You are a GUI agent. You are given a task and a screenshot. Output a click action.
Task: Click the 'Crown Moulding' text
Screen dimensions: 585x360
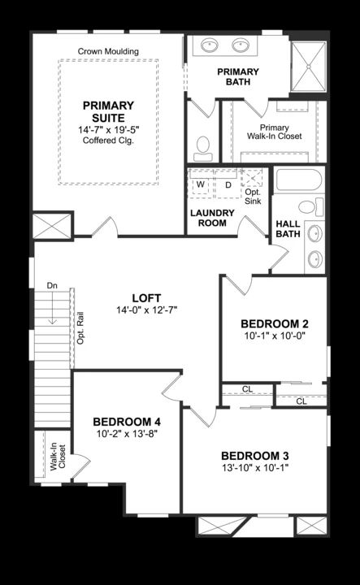coord(108,51)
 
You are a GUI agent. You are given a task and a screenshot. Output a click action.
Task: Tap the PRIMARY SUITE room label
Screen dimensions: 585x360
coord(108,111)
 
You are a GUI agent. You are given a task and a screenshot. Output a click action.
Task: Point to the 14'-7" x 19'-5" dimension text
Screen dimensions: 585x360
coord(108,130)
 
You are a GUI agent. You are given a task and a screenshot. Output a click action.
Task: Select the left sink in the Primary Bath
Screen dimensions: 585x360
coord(210,45)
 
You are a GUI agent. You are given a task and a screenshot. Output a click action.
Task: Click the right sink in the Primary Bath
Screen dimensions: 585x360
coord(241,45)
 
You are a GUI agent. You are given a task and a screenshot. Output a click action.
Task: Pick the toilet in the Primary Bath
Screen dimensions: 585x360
coord(203,147)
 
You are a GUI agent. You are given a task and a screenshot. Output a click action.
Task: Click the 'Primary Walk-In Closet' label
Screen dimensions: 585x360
coord(280,133)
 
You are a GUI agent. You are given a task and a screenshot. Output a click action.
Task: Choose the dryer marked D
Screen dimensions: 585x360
coord(228,184)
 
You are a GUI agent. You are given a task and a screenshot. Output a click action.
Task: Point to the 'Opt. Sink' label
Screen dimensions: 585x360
coord(253,195)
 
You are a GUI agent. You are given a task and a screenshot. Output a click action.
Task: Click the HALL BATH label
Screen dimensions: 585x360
coord(288,229)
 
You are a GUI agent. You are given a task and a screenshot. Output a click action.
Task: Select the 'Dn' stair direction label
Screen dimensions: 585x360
coord(52,285)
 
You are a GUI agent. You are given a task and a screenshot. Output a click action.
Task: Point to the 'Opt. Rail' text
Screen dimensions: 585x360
coord(81,327)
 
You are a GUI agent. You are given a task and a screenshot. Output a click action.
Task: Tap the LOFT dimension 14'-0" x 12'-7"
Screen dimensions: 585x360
coord(147,310)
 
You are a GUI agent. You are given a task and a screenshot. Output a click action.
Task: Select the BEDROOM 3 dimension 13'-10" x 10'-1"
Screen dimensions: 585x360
coord(254,468)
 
